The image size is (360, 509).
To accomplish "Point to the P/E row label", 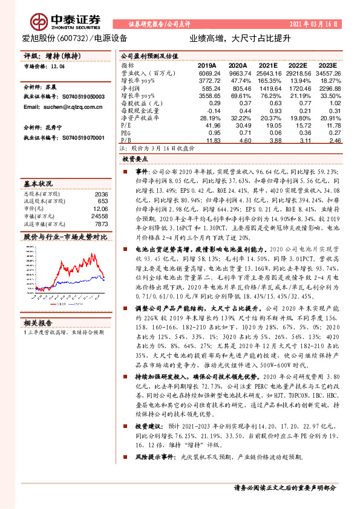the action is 125,124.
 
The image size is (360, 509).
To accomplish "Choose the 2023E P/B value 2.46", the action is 330,140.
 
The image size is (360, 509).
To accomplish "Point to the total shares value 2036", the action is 102,193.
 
